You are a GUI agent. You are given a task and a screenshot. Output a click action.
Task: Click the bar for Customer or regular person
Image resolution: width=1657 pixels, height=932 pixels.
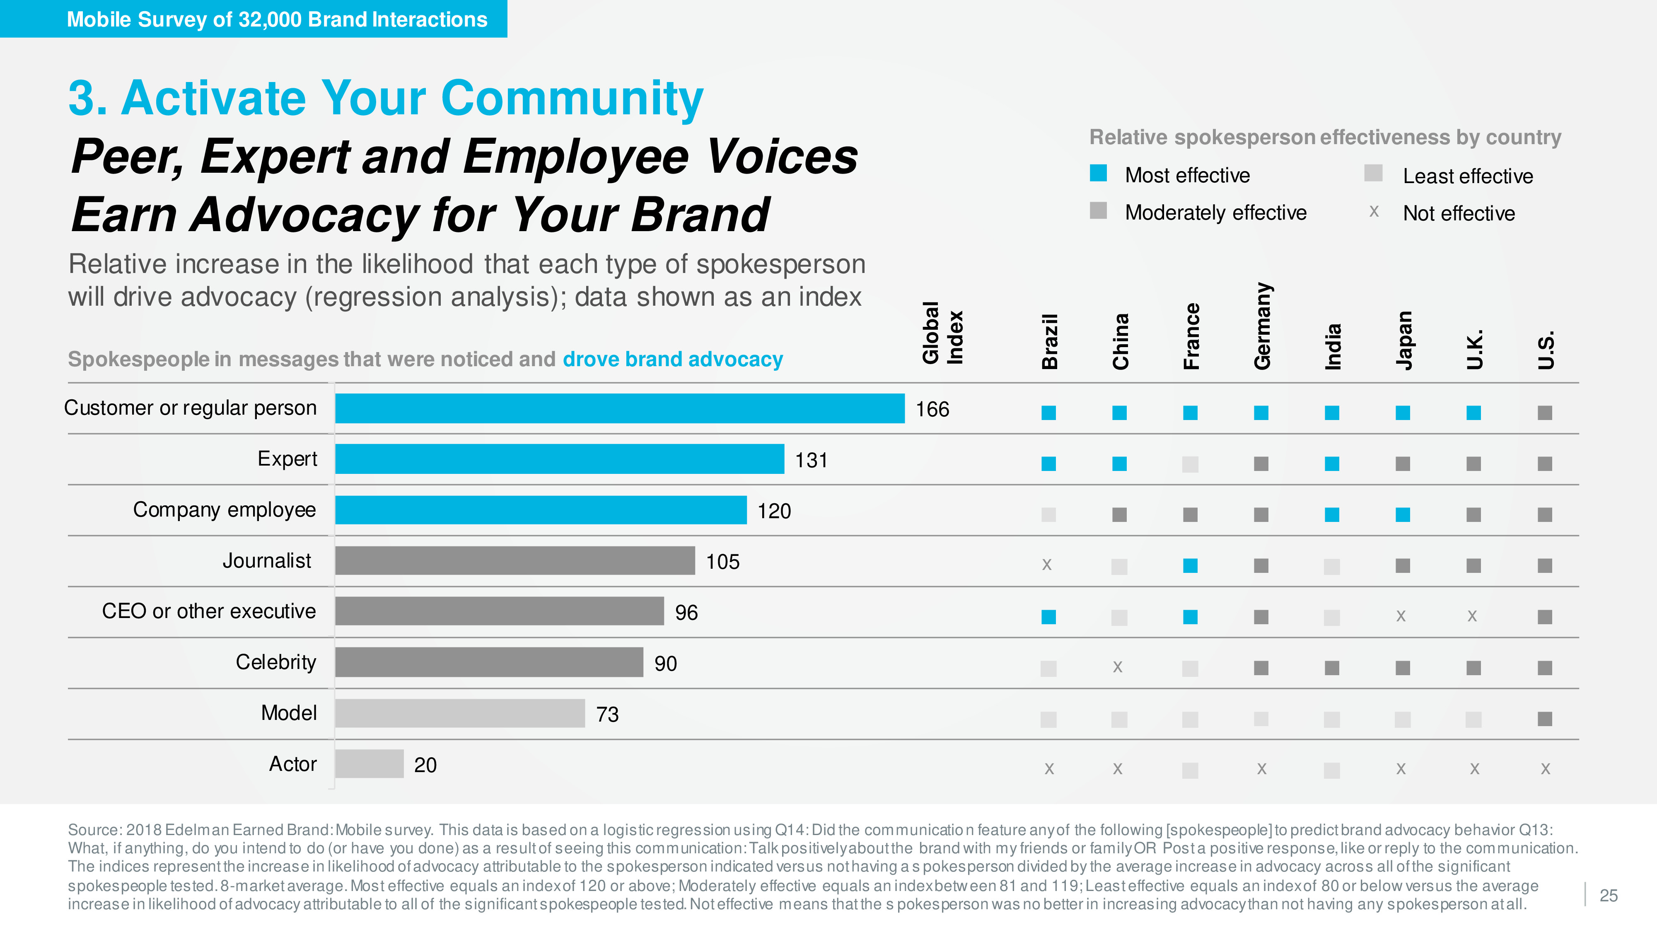(619, 408)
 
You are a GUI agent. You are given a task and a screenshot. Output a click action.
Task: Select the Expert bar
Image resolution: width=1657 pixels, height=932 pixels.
(560, 459)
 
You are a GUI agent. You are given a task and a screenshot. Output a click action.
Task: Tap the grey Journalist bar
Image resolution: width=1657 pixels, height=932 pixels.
(514, 561)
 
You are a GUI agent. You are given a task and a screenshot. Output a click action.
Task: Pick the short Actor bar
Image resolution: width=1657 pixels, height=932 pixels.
(369, 764)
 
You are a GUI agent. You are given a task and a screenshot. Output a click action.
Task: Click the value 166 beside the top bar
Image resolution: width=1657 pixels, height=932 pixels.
(932, 410)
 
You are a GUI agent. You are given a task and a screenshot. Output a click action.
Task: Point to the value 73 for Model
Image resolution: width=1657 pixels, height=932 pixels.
(607, 715)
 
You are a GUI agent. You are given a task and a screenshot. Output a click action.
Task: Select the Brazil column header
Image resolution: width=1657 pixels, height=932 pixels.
(1050, 342)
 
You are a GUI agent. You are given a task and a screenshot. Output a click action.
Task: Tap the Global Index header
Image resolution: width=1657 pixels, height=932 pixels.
(943, 333)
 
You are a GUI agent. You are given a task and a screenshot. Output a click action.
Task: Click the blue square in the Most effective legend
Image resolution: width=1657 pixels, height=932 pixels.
(1099, 174)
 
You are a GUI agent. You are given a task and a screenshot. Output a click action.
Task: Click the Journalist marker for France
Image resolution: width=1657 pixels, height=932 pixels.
(1191, 566)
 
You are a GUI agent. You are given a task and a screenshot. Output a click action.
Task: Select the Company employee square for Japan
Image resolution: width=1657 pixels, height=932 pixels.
(1403, 514)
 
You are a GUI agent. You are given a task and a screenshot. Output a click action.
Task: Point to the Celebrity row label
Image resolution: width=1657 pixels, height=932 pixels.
(276, 662)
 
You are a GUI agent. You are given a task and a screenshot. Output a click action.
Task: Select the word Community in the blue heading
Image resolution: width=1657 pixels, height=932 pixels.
(572, 99)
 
